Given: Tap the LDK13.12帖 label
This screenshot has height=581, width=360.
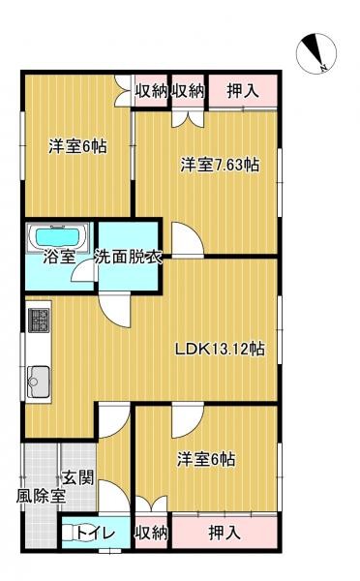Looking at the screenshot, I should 220,350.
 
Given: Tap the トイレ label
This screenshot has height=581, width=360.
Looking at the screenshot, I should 97,534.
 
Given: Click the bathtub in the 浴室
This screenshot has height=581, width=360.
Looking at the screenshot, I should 60,235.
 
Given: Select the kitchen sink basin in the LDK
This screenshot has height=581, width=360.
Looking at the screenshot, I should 40,379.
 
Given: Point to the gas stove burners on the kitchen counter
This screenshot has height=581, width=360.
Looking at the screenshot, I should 40,318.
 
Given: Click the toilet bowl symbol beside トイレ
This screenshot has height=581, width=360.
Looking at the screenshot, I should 70,533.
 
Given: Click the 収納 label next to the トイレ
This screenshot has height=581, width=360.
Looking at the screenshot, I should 152,534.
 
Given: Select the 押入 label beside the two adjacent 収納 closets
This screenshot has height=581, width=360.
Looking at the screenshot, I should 243,92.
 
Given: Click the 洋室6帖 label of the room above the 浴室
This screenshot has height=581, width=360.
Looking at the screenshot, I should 77,147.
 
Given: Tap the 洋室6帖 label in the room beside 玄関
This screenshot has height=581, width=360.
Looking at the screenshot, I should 207,458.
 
